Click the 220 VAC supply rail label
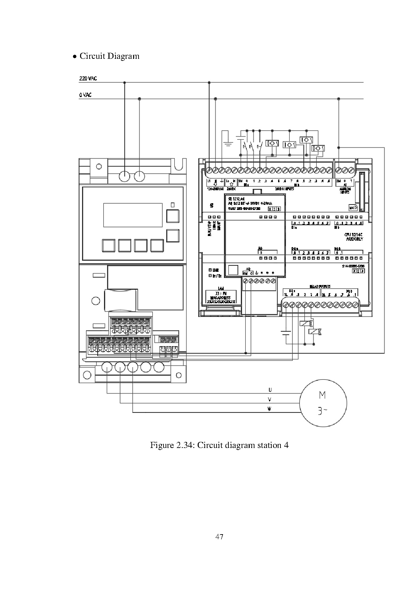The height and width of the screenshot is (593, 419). pyautogui.click(x=88, y=78)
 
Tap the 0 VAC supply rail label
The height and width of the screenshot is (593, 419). pyautogui.click(x=85, y=95)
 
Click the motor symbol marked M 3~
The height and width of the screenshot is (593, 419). pyautogui.click(x=323, y=403)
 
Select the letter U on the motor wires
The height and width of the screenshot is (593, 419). pyautogui.click(x=269, y=390)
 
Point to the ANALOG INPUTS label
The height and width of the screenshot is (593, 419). pyautogui.click(x=345, y=190)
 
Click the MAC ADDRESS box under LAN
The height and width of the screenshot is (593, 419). pyautogui.click(x=220, y=298)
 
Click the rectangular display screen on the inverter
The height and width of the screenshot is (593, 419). pyautogui.click(x=133, y=215)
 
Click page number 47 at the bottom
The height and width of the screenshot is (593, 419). pyautogui.click(x=219, y=537)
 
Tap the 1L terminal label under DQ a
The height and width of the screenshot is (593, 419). pyautogui.click(x=286, y=295)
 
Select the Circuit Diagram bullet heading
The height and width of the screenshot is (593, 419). pyautogui.click(x=109, y=56)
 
